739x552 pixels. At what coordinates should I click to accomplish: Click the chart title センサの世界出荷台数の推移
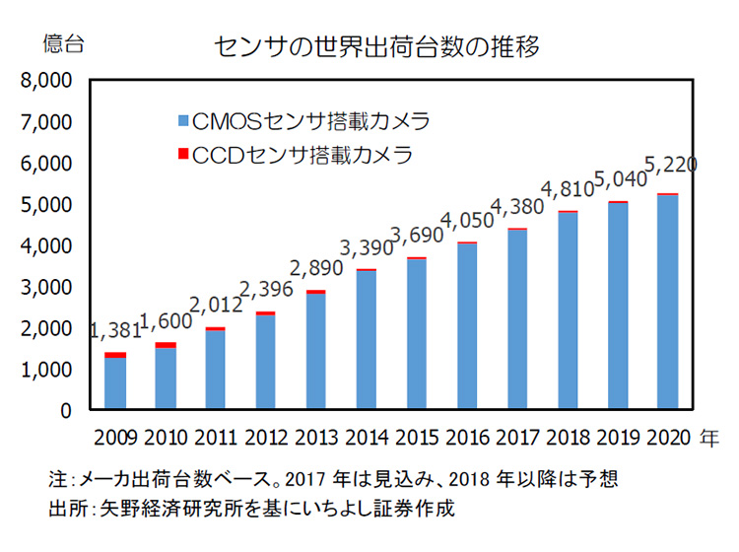pos(376,45)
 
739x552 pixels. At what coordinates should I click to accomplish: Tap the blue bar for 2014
pos(366,339)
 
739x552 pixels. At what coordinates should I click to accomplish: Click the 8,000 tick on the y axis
pos(45,81)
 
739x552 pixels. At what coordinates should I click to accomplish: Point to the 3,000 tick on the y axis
pos(45,287)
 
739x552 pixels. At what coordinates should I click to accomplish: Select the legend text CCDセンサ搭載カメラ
pos(301,154)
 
